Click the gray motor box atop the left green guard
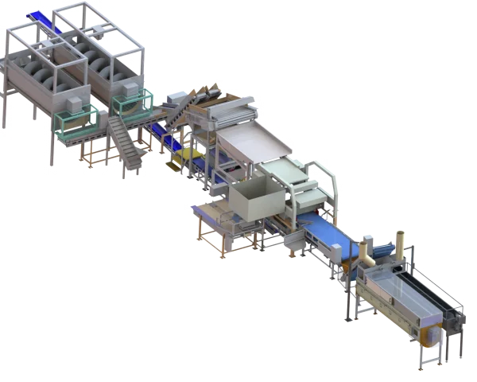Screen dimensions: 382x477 tap(71, 106)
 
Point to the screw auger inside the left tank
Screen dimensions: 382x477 tap(44, 72)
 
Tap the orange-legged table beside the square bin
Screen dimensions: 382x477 tap(215, 223)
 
